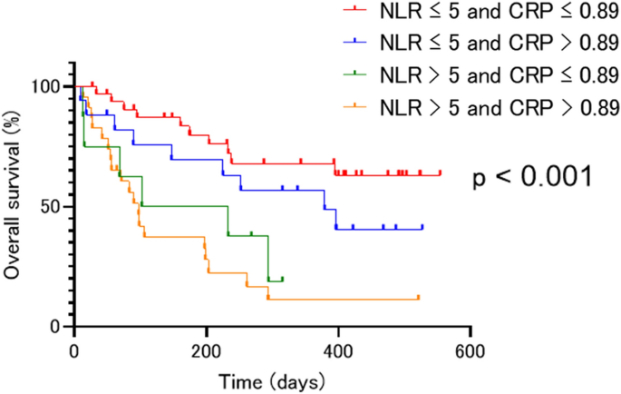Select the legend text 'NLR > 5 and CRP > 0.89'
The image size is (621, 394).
click(498, 105)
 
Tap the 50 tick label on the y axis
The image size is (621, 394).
click(50, 206)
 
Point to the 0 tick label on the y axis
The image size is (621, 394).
click(55, 327)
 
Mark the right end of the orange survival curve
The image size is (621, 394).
click(418, 298)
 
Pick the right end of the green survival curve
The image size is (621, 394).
click(283, 279)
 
